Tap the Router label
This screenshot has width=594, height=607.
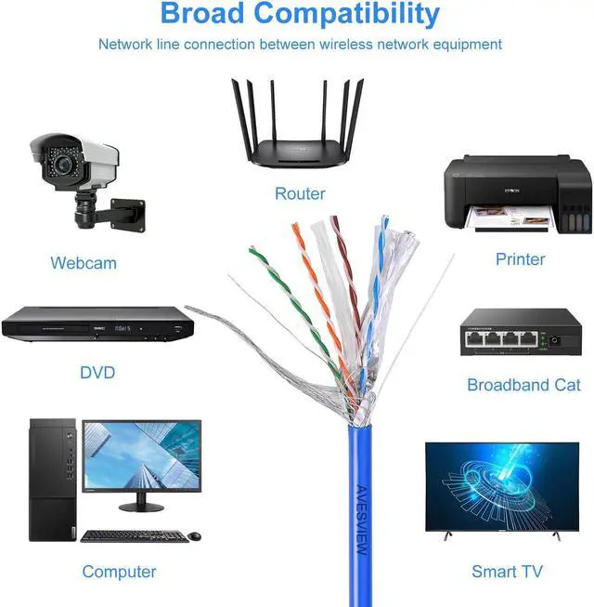point(300,193)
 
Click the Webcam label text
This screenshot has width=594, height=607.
point(84,263)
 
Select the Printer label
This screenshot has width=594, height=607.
point(520,258)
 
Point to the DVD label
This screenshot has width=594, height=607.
point(97,373)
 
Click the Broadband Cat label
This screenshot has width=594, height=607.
point(523,385)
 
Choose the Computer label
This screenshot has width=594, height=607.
point(119,572)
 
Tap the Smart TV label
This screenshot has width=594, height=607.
point(507,572)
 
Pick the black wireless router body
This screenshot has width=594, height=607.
point(299,152)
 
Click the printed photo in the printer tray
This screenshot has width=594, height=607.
point(504,218)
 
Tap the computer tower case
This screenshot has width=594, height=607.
point(53,480)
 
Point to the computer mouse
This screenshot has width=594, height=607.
point(195,535)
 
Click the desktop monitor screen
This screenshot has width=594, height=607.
point(141,455)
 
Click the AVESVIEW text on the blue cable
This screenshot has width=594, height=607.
point(362,521)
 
